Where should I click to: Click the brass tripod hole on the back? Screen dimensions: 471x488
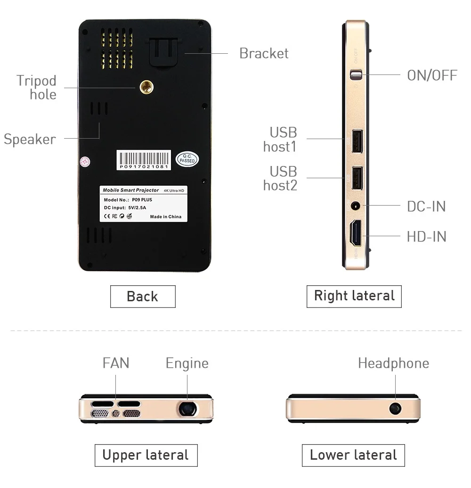(x=146, y=86)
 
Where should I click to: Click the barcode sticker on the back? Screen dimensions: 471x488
(x=144, y=160)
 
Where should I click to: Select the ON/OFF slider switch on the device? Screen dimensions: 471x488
(x=357, y=74)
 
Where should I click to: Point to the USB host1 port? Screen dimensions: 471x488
(x=356, y=141)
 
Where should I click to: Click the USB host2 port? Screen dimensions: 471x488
(x=356, y=178)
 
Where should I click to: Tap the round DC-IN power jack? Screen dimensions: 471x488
(x=356, y=206)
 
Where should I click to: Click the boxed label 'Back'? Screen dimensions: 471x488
(x=142, y=297)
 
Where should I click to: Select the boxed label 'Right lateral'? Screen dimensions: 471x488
(x=354, y=296)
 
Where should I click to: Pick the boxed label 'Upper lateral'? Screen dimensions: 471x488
(x=146, y=455)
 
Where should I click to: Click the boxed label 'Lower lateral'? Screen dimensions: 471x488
(x=353, y=455)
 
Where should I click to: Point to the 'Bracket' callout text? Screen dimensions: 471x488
(x=264, y=53)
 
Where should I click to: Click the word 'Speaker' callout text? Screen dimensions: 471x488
(x=30, y=139)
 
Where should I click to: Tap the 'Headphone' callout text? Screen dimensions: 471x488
(x=393, y=363)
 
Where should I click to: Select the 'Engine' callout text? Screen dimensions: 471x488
(x=187, y=364)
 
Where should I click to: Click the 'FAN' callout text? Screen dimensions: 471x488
(x=116, y=363)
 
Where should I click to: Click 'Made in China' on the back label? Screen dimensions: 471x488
(x=165, y=217)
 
